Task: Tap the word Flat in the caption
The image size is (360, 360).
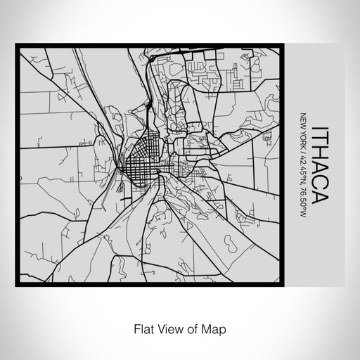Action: (x=139, y=327)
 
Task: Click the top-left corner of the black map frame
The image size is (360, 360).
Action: (x=17, y=46)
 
